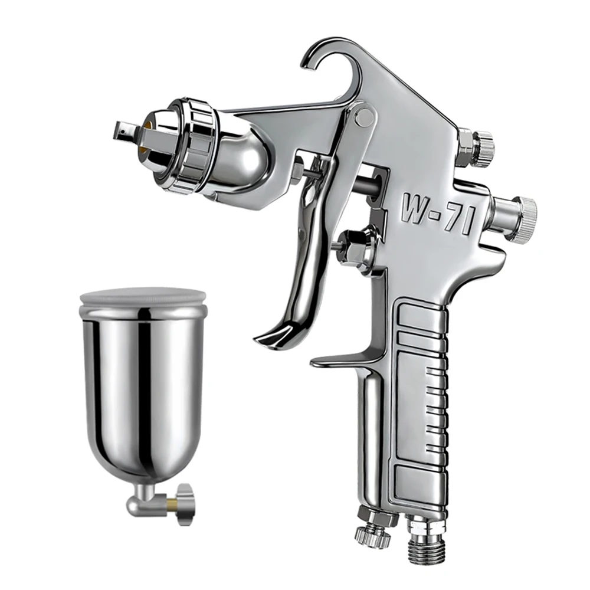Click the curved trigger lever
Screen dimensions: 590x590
pyautogui.click(x=304, y=265)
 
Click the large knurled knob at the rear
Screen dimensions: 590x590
pyautogui.click(x=519, y=218)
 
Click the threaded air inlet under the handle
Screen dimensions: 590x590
pyautogui.click(x=424, y=540)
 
